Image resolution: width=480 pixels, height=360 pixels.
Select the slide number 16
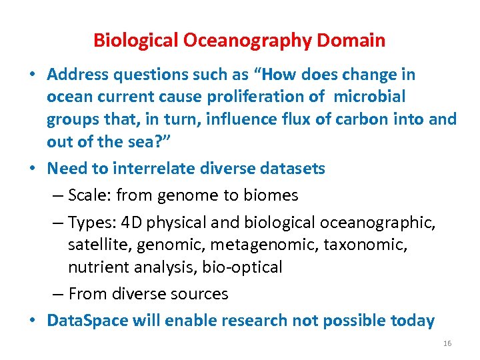pyautogui.click(x=447, y=343)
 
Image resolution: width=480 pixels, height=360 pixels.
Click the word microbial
pyautogui.click(x=369, y=97)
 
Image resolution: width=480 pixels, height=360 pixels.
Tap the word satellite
pyautogui.click(x=99, y=245)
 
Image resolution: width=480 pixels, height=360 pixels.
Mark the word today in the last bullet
pyautogui.click(x=412, y=321)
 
